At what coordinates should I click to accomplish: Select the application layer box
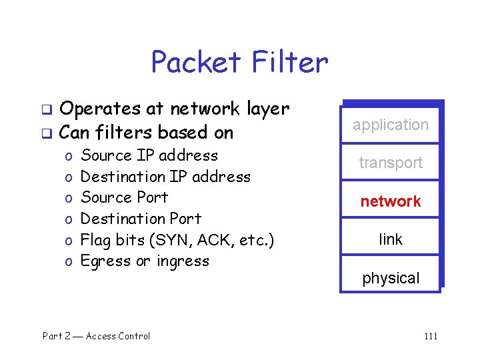point(391,125)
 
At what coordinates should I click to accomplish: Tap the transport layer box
point(391,163)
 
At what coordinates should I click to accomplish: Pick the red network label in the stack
point(391,201)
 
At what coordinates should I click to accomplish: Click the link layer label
point(391,239)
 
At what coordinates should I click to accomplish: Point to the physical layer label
point(391,278)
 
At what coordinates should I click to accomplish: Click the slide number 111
point(430,336)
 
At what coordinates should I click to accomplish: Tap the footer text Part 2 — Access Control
point(96,336)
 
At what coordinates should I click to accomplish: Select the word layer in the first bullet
point(267,109)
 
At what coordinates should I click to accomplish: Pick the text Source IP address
point(149,155)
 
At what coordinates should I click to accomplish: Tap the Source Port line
point(124,197)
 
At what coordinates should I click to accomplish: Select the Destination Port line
point(141,219)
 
